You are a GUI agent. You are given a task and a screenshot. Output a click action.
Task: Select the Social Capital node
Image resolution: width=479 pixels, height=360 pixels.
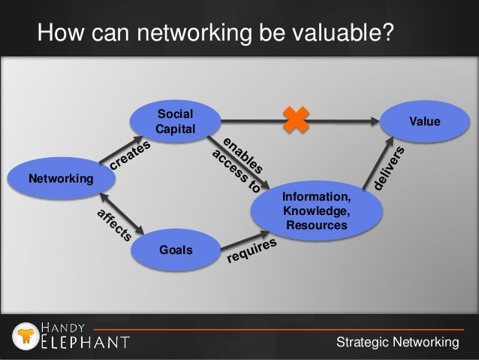(x=174, y=121)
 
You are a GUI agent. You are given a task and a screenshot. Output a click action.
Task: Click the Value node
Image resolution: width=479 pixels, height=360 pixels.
(x=424, y=121)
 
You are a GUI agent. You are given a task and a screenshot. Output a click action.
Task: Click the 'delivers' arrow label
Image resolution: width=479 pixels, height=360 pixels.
(x=391, y=167)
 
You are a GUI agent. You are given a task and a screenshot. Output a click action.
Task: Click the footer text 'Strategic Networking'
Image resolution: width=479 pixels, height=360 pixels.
(x=397, y=343)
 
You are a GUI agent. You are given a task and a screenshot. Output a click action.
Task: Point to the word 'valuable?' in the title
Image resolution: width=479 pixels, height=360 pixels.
(x=339, y=34)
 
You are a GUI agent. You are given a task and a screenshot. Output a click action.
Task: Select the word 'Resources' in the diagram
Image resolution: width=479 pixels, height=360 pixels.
(x=315, y=225)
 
